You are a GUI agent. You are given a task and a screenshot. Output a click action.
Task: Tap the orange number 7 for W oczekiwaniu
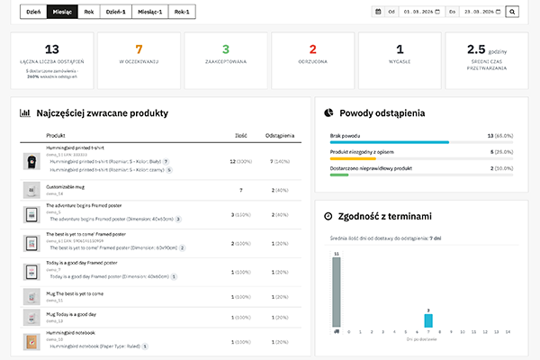coord(139,49)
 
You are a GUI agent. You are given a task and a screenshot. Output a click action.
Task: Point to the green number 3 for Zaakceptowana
coord(226,49)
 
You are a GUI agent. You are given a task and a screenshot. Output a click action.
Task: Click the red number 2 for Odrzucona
coord(312,49)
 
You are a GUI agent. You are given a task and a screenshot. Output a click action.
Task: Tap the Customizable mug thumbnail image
coord(31,190)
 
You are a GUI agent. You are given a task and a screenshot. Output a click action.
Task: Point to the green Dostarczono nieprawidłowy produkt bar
coord(339,175)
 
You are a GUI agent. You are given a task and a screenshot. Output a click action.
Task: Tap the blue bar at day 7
coord(428,320)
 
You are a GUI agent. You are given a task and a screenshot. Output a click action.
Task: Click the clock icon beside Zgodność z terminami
coord(329,216)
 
